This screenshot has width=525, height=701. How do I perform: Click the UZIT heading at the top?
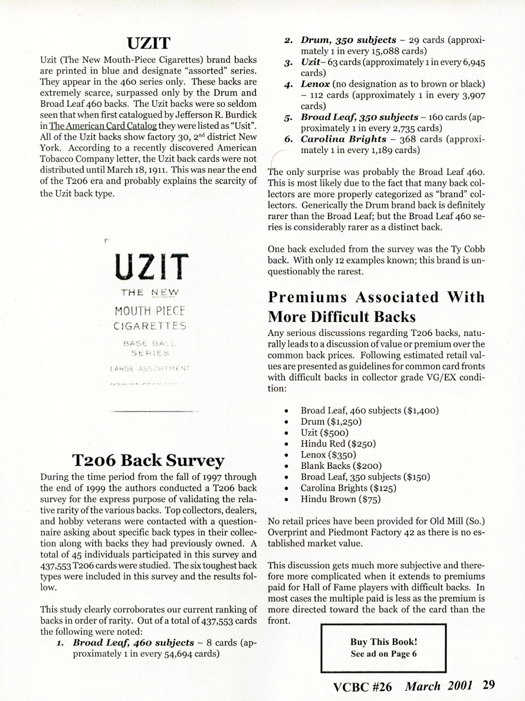point(149,43)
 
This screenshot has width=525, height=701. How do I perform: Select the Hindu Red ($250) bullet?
point(338,444)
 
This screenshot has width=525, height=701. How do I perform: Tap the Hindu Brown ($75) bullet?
point(341,499)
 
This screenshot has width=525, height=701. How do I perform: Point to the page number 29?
point(488,686)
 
